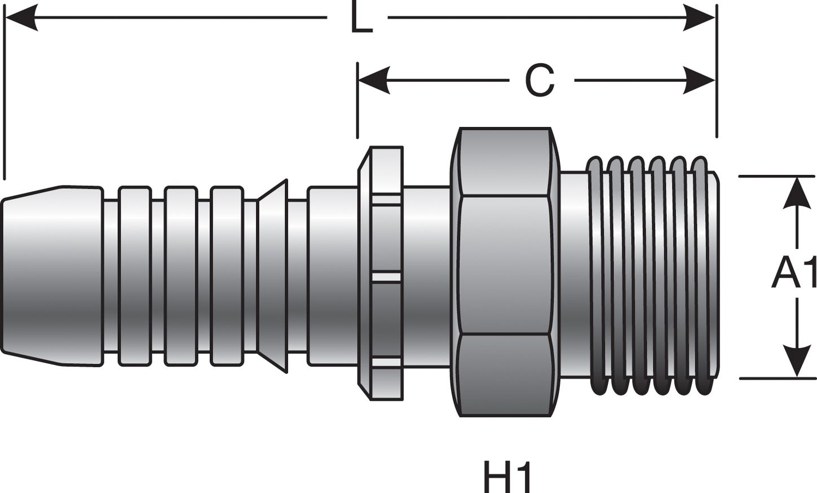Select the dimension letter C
click(540, 81)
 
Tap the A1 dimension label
click(794, 274)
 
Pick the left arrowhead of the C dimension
click(374, 80)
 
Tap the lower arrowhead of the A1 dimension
click(796, 362)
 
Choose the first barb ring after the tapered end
click(135, 275)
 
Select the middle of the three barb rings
click(181, 275)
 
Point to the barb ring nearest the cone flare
click(227, 275)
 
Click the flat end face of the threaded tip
click(715, 275)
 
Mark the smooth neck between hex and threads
click(574, 275)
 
